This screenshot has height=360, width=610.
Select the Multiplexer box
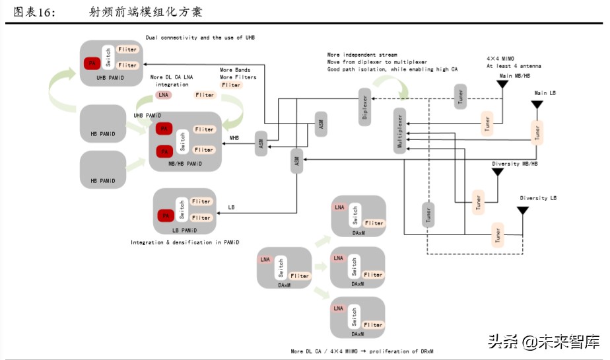(399, 130)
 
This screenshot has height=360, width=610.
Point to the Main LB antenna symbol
(537, 104)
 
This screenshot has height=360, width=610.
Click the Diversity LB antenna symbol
(522, 211)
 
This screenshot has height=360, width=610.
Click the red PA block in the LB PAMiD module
(166, 215)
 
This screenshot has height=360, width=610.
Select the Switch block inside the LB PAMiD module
(181, 210)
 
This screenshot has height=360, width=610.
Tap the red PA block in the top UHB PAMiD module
(92, 63)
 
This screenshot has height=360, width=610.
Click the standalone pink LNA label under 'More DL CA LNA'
(163, 95)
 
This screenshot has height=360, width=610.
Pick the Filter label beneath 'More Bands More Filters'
(232, 85)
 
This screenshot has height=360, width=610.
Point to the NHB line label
(234, 138)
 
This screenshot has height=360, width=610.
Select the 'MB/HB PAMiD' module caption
(186, 163)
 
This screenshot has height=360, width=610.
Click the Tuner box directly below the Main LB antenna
(537, 132)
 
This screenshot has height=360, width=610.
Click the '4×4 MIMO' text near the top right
(501, 58)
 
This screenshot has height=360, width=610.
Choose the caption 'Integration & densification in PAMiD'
(185, 242)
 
